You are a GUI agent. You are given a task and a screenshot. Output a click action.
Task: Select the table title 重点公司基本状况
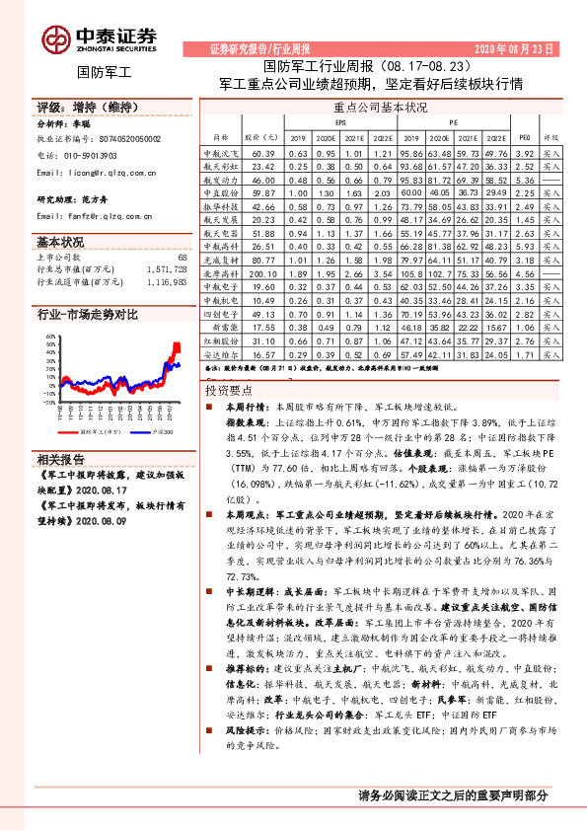click(x=380, y=108)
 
